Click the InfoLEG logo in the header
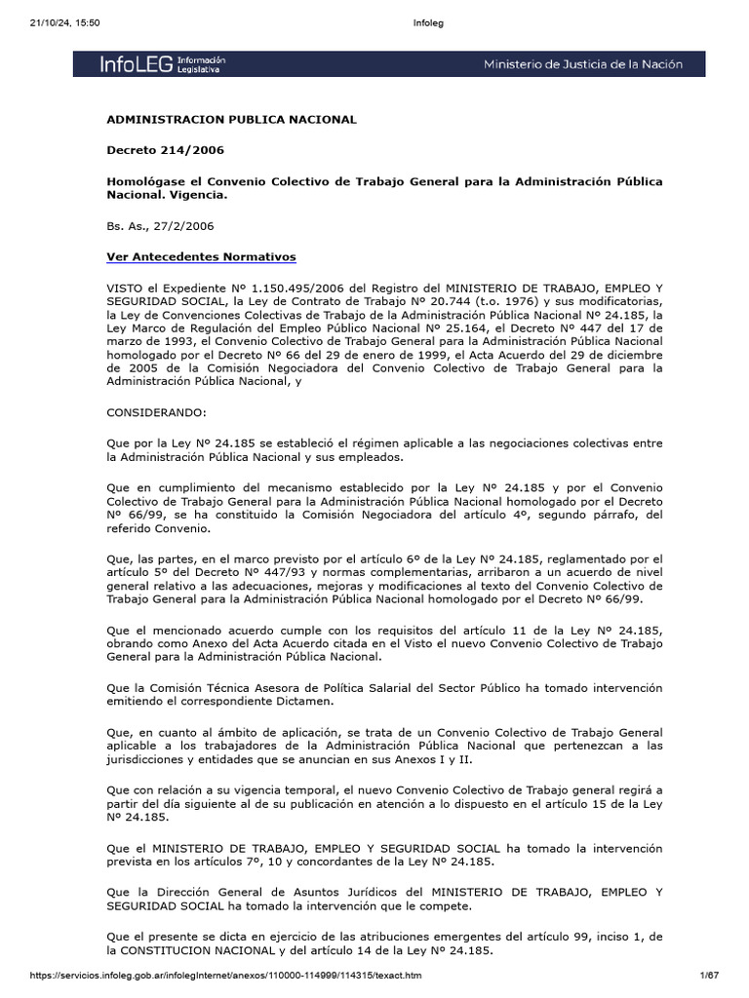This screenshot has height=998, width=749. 162,64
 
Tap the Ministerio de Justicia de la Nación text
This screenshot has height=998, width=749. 583,64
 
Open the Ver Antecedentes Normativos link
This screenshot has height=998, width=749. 201,256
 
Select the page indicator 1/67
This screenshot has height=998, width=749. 708,975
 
